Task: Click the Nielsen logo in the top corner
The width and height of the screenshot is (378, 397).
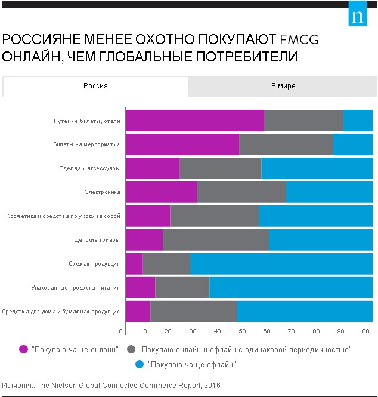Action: coord(358,16)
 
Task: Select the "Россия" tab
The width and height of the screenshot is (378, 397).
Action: coord(95,86)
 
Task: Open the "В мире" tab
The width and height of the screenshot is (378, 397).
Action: coord(283,86)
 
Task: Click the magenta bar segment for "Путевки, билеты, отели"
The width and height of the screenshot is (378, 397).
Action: coord(194,121)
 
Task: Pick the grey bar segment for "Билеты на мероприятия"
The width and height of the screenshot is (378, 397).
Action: coord(286,144)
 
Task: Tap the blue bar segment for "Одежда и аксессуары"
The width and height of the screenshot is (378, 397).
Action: coord(317,168)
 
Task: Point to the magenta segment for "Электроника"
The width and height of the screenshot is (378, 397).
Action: coord(161,192)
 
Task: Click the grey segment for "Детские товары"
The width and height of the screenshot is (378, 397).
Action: coord(216,240)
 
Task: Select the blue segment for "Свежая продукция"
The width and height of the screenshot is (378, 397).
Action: coord(281,263)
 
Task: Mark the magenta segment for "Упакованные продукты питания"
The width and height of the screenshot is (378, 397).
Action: coord(140,288)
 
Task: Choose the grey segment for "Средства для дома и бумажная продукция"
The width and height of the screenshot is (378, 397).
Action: coord(194,312)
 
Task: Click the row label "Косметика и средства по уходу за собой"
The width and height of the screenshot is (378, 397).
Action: coord(63,216)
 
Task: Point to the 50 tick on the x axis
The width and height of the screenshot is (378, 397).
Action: coord(241,331)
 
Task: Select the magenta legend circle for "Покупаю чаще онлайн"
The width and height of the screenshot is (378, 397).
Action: coord(24,349)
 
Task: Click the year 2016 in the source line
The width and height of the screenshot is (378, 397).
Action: coord(212,386)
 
